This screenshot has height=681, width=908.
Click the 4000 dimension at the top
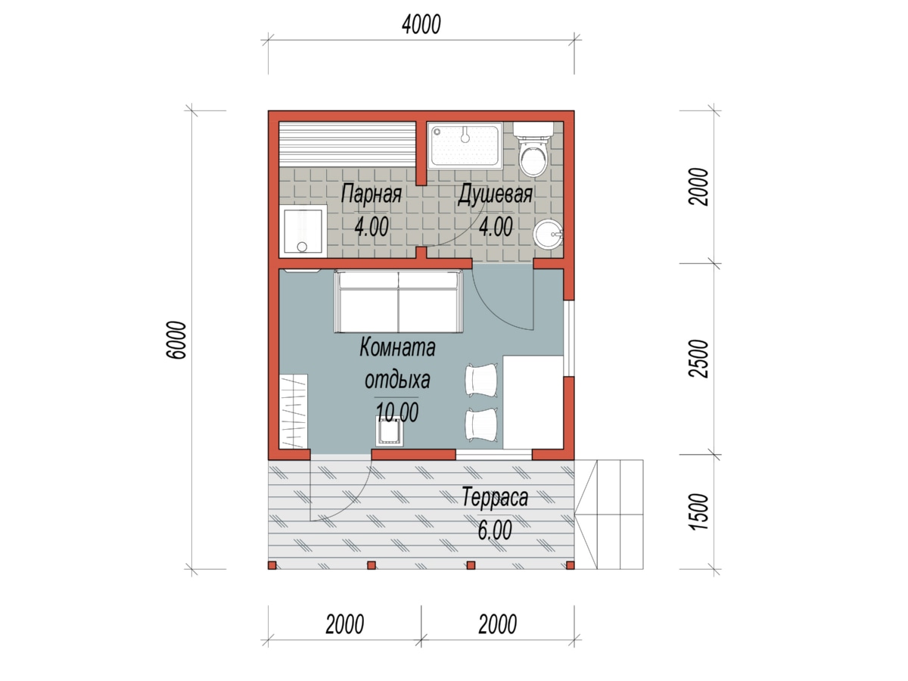click(421, 25)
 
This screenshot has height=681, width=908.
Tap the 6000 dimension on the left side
click(178, 340)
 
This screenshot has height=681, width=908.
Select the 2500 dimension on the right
click(698, 359)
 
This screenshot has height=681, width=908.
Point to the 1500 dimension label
click(698, 512)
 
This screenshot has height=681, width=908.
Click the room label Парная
click(371, 194)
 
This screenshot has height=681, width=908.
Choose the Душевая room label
click(495, 194)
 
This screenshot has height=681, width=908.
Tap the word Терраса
click(495, 497)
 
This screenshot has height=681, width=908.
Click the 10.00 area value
click(396, 412)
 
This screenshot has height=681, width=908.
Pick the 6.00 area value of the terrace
click(495, 530)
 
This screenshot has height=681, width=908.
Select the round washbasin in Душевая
click(548, 235)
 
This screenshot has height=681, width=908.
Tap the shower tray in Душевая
click(465, 145)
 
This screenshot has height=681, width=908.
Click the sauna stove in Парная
click(303, 230)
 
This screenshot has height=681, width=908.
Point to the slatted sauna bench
click(347, 144)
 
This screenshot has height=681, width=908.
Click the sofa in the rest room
click(398, 301)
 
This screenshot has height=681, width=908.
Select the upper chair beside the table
click(481, 379)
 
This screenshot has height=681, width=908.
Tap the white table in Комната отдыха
click(533, 402)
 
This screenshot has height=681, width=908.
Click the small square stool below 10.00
click(390, 431)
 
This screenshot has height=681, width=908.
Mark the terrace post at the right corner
click(570, 564)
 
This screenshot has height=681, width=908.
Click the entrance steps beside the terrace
click(609, 515)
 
